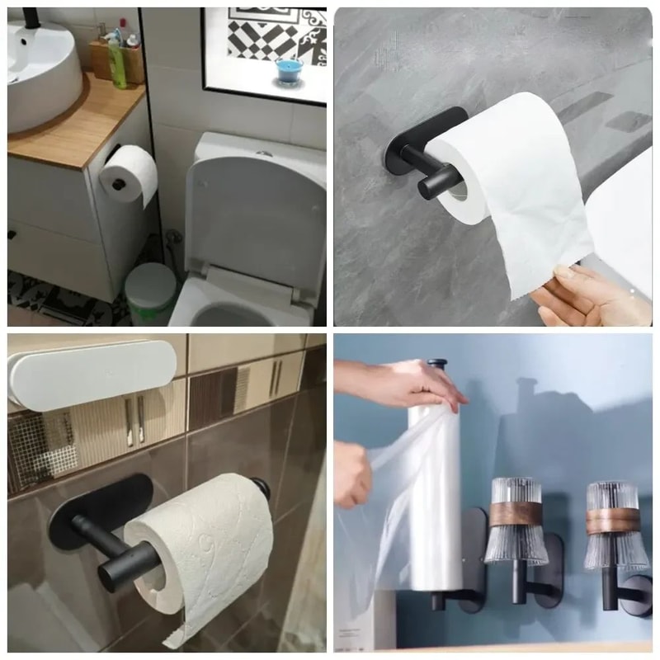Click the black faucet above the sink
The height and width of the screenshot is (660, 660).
coord(31,18)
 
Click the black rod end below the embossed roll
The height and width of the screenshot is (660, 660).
coord(115,573)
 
